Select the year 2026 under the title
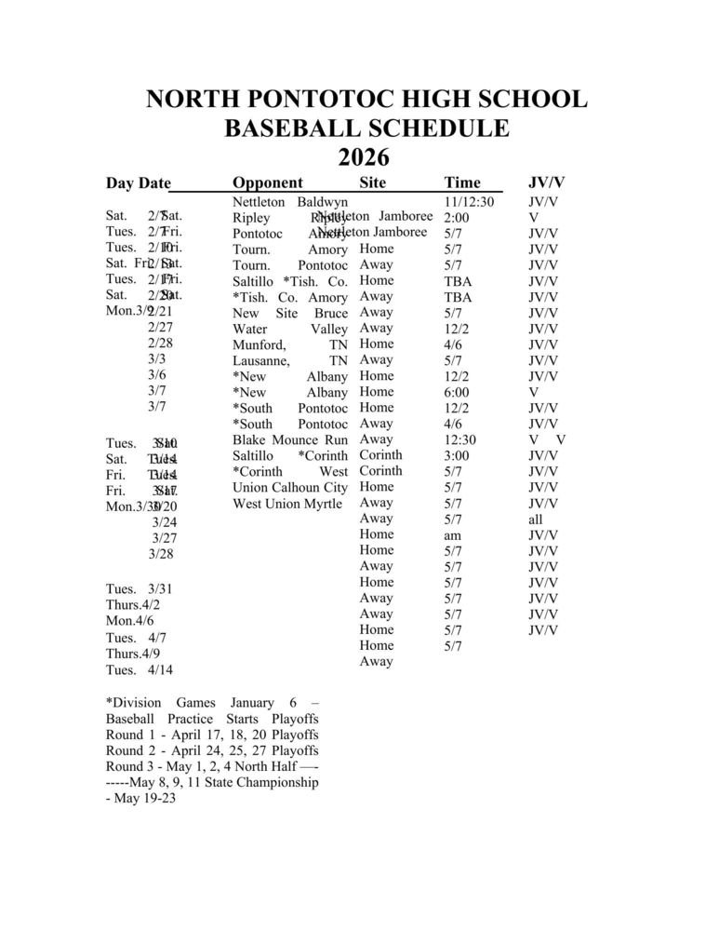click(363, 156)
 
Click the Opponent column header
click(267, 182)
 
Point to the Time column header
click(462, 182)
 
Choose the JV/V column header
click(547, 182)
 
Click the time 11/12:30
click(469, 201)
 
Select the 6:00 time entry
click(457, 392)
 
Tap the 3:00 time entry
click(457, 455)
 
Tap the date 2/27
click(160, 327)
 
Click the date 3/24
click(164, 522)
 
